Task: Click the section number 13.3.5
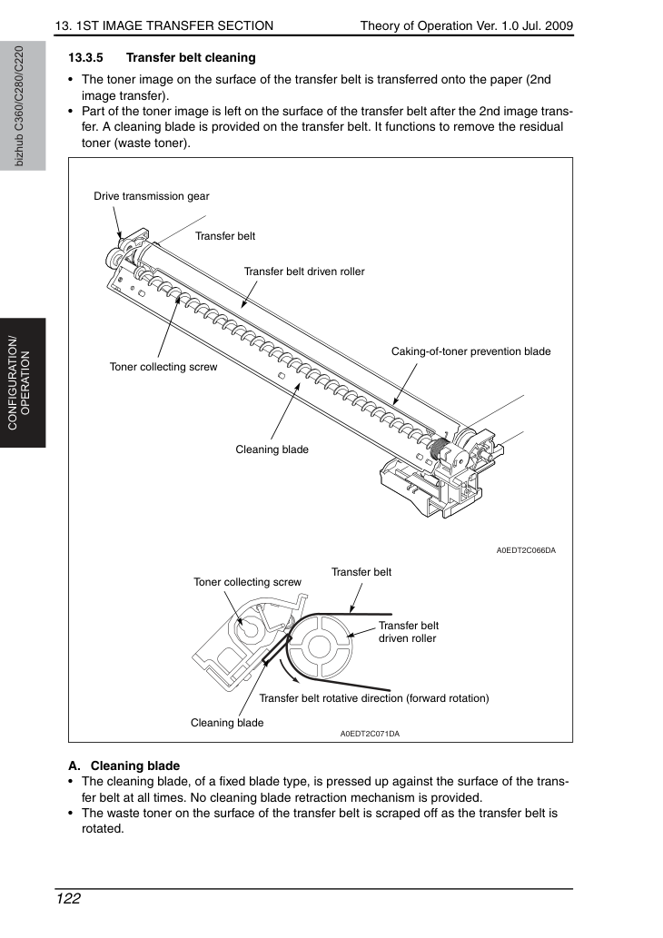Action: pyautogui.click(x=85, y=58)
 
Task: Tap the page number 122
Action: pyautogui.click(x=68, y=899)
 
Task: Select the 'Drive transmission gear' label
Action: pyautogui.click(x=152, y=196)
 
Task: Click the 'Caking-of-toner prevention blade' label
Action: pyautogui.click(x=471, y=351)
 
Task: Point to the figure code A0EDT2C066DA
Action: pyautogui.click(x=526, y=550)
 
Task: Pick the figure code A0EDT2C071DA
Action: pyautogui.click(x=370, y=734)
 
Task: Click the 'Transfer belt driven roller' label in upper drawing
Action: pyautogui.click(x=304, y=272)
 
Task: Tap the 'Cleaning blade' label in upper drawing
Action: pyautogui.click(x=272, y=449)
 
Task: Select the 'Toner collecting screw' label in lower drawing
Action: pyautogui.click(x=247, y=582)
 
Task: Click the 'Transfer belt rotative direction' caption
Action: pyautogui.click(x=374, y=698)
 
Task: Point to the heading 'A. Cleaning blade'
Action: pyautogui.click(x=124, y=765)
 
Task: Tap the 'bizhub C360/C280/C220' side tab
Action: pyautogui.click(x=18, y=106)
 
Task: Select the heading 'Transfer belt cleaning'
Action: pyautogui.click(x=191, y=58)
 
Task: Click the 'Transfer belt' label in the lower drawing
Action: pyautogui.click(x=361, y=572)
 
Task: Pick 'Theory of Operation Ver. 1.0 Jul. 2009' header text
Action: pyautogui.click(x=467, y=25)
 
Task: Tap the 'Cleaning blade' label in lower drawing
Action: pyautogui.click(x=227, y=723)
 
